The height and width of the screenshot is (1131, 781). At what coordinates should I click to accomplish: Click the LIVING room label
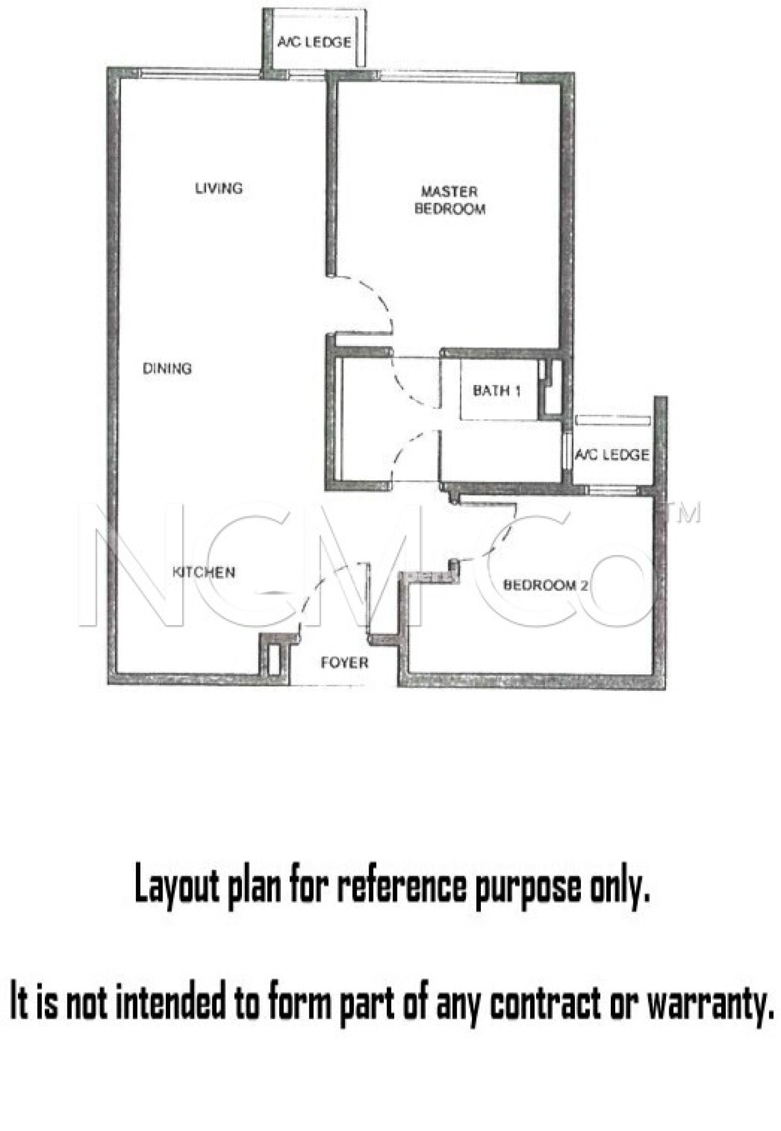[x=219, y=188]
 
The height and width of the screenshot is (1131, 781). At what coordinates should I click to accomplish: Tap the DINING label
[x=167, y=368]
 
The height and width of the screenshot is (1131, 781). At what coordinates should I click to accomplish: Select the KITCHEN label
[x=204, y=572]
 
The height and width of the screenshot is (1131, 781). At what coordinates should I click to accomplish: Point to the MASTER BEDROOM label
[x=449, y=200]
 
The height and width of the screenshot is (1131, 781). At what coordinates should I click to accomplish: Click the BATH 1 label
[x=496, y=391]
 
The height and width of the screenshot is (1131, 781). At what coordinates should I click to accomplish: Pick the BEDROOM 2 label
[x=546, y=585]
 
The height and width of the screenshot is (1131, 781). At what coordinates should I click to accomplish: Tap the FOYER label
[x=344, y=662]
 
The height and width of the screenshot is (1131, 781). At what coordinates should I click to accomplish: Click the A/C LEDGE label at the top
[x=314, y=42]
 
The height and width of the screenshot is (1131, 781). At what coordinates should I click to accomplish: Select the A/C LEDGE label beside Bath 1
[x=612, y=454]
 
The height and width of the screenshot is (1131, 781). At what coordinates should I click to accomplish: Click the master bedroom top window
[x=448, y=77]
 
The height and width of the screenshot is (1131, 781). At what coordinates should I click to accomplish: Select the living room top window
[x=199, y=73]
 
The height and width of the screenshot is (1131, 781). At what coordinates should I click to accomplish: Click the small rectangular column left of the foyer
[x=274, y=658]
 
